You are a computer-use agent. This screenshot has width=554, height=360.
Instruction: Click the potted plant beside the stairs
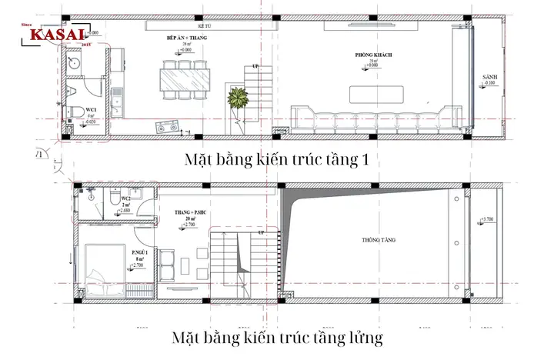pyautogui.click(x=236, y=98)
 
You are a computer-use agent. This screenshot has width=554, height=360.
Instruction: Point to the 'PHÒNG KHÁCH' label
pyautogui.click(x=371, y=55)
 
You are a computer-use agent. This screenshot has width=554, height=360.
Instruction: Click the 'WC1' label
pyautogui.click(x=91, y=109)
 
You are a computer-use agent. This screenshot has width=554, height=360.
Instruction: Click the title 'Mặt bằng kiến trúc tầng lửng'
pyautogui.click(x=277, y=338)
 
